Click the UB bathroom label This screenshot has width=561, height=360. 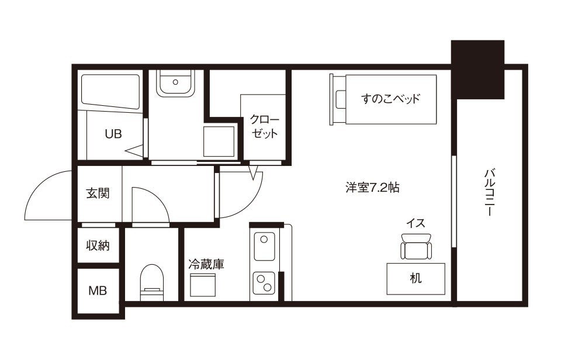[x=113, y=134]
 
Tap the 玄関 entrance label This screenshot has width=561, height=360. [x=98, y=193]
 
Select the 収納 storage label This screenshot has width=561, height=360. [x=98, y=245]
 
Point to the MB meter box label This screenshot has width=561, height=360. [x=98, y=290]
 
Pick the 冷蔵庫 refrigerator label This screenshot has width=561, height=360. [x=206, y=265]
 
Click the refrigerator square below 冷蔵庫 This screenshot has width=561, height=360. [x=203, y=285]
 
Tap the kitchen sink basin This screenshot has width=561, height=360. [x=264, y=247]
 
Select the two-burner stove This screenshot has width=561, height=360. [x=264, y=283]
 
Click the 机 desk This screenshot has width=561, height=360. [x=415, y=279]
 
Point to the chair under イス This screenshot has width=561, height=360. [x=415, y=247]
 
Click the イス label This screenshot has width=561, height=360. [x=415, y=223]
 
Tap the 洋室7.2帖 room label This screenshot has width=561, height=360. [x=372, y=188]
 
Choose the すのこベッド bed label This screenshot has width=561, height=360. [x=390, y=98]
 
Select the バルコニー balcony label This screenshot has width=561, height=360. [x=489, y=192]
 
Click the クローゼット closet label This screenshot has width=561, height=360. [x=264, y=126]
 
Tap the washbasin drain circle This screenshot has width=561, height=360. [x=175, y=82]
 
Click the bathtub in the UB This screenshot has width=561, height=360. [x=110, y=91]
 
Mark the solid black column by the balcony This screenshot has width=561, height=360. [x=477, y=70]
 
